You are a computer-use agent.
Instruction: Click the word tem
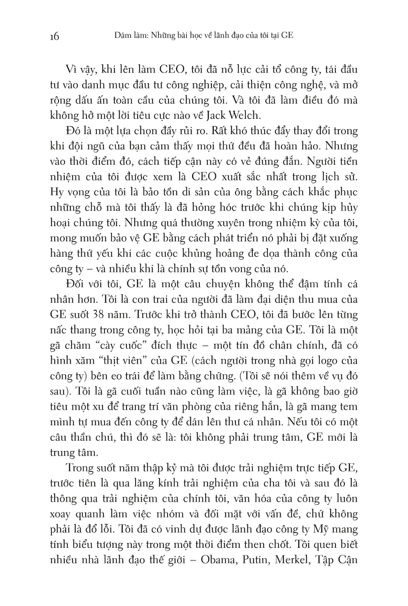pos(348,406)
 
